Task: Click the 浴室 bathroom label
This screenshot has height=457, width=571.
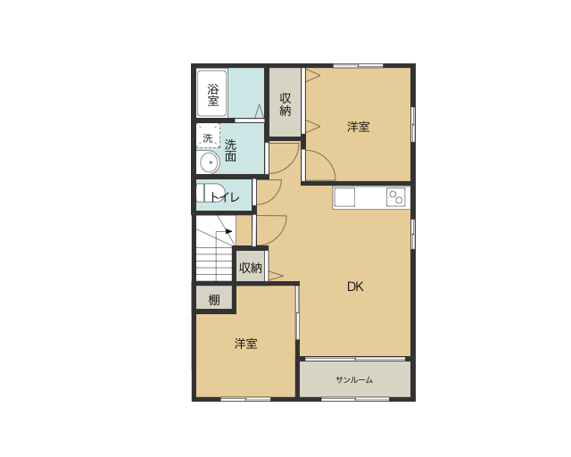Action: click(x=213, y=95)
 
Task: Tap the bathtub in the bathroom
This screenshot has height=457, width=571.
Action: click(x=212, y=94)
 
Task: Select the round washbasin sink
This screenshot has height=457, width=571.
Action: click(x=209, y=162)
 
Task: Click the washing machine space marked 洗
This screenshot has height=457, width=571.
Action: click(x=208, y=137)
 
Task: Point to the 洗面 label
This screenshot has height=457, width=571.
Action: click(x=230, y=150)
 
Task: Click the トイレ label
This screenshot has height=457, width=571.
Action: click(x=225, y=197)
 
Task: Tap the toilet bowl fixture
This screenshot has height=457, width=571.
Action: click(x=205, y=193)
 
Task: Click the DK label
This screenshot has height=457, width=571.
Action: click(x=355, y=287)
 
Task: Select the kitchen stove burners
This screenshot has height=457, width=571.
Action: click(x=396, y=197)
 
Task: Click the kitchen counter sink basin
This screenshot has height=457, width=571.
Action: click(x=344, y=197)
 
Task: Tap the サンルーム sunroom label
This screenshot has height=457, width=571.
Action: click(x=354, y=379)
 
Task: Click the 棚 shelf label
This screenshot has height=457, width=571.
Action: click(x=214, y=300)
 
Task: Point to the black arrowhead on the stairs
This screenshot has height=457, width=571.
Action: click(x=228, y=231)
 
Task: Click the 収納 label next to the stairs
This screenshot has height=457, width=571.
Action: click(x=251, y=268)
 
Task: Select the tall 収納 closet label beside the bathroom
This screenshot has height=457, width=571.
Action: click(x=285, y=104)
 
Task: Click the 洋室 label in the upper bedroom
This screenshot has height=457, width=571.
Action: click(x=359, y=127)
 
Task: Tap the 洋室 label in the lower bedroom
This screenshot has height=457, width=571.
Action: click(x=246, y=344)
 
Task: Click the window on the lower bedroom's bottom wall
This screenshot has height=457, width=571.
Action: click(x=246, y=399)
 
